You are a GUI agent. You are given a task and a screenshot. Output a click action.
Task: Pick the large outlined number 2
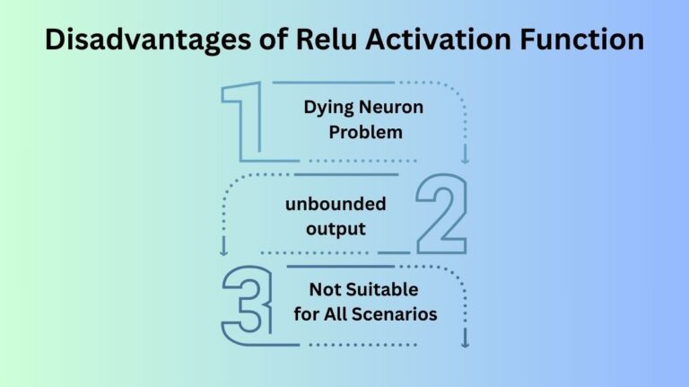pos(440,213)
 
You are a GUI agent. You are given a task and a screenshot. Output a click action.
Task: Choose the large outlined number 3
pos(246,305)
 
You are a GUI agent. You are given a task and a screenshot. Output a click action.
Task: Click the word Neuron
pos(392,108)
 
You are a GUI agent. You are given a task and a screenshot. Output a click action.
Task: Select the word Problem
pos(364,132)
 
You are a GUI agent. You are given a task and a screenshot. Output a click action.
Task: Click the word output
pos(336,228)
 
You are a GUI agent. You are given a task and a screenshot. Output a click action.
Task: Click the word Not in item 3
pos(324,290)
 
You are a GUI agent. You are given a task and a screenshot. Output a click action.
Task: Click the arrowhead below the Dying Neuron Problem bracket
pos(465,160)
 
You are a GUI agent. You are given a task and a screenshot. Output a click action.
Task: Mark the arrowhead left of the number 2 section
pos(223,252)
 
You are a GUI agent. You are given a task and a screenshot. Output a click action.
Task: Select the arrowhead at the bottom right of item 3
pos(465,342)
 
